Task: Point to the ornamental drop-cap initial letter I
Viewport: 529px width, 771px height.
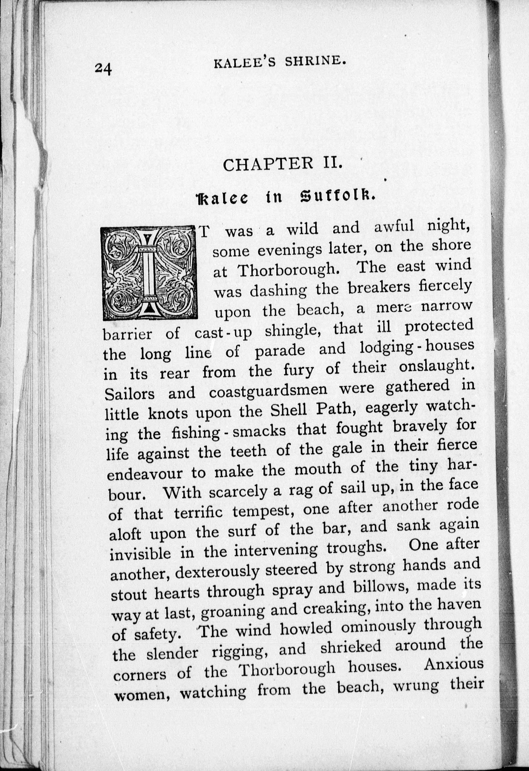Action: [148, 273]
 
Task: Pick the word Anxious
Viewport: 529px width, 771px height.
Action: [454, 663]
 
